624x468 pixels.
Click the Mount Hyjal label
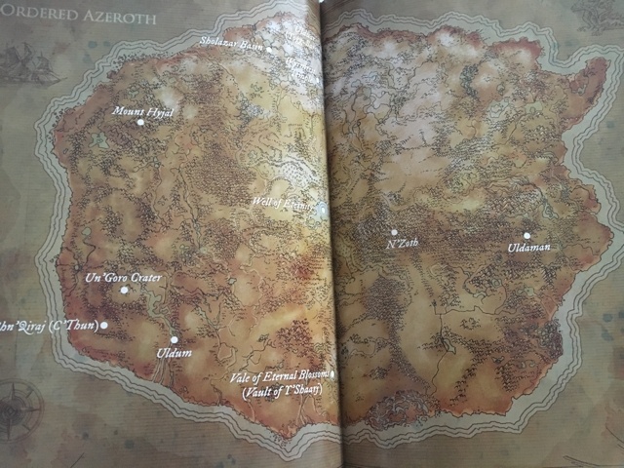tap(142, 111)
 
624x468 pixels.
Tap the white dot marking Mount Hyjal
tap(140, 123)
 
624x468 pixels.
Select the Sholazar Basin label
tap(231, 43)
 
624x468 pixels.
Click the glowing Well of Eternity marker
tap(321, 208)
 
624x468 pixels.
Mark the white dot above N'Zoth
tap(394, 232)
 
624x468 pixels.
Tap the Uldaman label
tap(528, 248)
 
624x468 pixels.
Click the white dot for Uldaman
tap(526, 235)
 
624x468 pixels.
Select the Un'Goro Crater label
tap(124, 279)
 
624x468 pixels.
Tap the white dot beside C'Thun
tap(104, 326)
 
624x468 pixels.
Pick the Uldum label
tap(174, 352)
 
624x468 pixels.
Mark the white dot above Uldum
tap(175, 339)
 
